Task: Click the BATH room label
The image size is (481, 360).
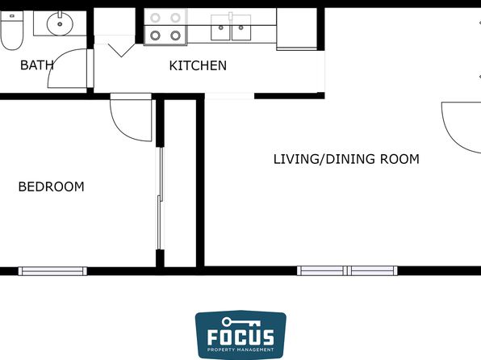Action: [37, 65]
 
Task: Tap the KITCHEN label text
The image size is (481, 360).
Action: [198, 65]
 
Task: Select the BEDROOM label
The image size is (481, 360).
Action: [51, 186]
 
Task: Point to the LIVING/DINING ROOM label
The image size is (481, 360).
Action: [346, 159]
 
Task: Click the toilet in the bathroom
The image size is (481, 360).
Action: [11, 30]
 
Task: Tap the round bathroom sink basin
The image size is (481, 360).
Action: [60, 23]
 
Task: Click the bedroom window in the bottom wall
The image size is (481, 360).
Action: [52, 271]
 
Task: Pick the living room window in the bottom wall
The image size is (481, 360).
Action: [347, 270]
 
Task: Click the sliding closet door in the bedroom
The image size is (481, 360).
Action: [160, 199]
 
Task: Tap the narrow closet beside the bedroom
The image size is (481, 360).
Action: [180, 183]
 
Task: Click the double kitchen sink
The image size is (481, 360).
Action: [231, 27]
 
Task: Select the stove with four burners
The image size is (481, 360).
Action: [165, 27]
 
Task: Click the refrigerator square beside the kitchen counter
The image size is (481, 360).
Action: [297, 28]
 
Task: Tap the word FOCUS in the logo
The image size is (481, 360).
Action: [240, 337]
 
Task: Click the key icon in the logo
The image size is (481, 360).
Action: [240, 322]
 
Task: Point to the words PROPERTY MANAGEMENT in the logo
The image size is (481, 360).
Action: [240, 350]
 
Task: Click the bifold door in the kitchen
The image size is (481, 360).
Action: [122, 50]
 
